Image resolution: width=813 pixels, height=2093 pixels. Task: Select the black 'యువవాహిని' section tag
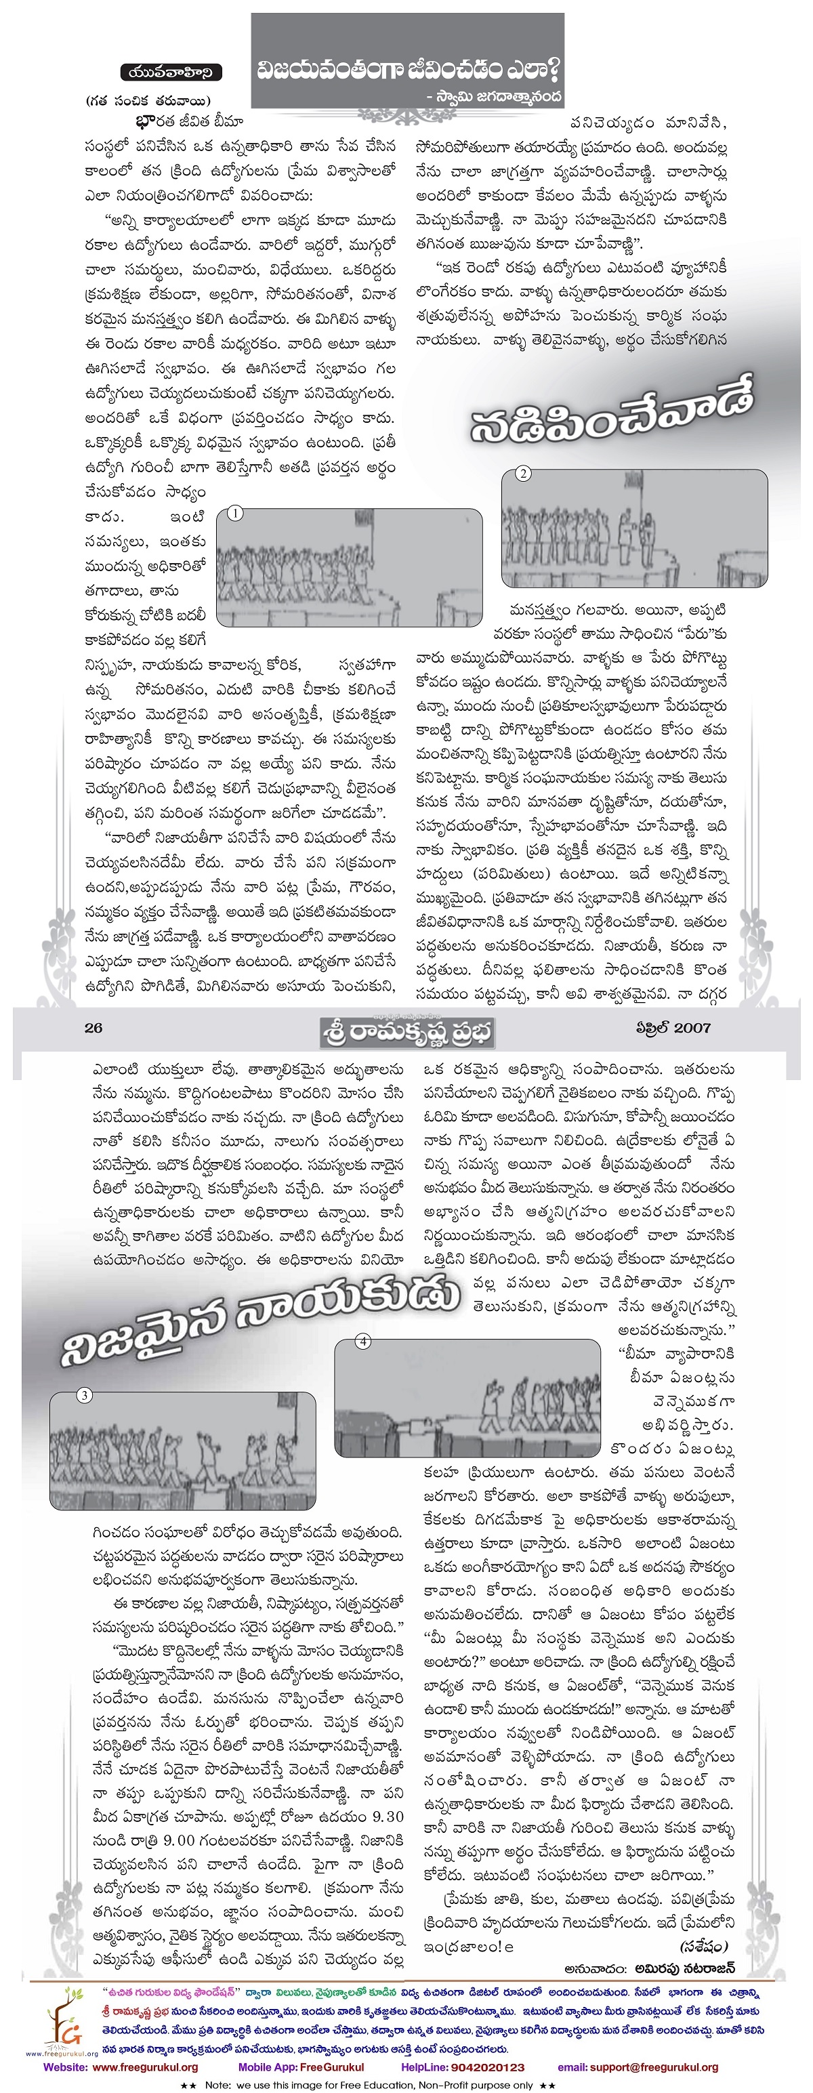(171, 72)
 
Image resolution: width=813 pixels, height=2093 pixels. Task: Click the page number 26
(93, 1028)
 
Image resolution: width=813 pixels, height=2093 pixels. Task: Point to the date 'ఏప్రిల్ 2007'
(673, 1028)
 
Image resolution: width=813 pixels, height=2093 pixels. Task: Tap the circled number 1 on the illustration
(234, 514)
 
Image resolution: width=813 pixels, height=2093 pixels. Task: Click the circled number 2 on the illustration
(523, 474)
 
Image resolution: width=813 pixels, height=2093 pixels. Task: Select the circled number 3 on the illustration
(83, 1395)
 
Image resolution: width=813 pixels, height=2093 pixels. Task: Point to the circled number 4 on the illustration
(363, 1342)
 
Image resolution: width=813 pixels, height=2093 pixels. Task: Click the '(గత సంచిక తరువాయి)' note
(148, 101)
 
